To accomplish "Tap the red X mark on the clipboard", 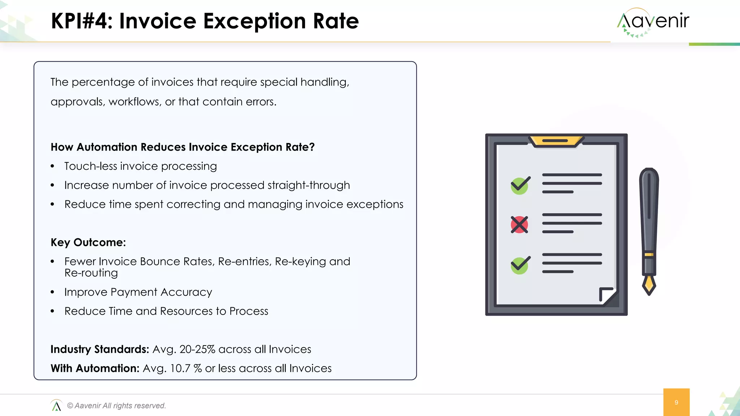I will (x=519, y=225).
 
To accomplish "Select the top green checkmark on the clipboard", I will (x=520, y=185).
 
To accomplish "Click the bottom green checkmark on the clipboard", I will (x=520, y=265).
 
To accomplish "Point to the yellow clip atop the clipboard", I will (x=556, y=141).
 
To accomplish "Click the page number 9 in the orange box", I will (x=676, y=402).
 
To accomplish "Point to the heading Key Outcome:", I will (x=88, y=242).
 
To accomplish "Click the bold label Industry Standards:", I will (x=100, y=349).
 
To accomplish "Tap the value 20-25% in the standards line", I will (x=197, y=349).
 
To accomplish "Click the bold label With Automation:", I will (x=95, y=368).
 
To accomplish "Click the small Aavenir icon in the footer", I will (x=56, y=406).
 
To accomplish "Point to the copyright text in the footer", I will (x=116, y=406).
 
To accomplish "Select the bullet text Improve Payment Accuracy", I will (x=138, y=292).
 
